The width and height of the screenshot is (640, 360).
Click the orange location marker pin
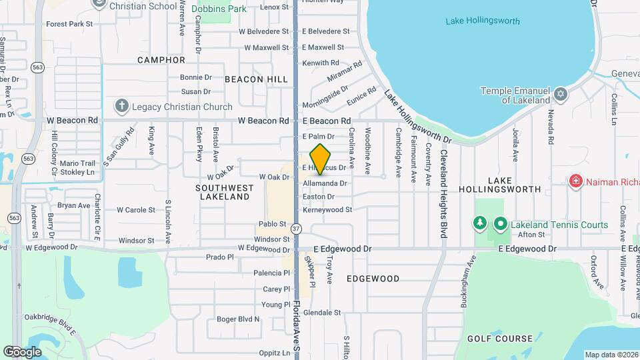pyautogui.click(x=321, y=159)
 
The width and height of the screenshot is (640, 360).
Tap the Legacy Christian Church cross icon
pyautogui.click(x=121, y=106)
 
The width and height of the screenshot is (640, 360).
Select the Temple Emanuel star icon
pyautogui.click(x=560, y=94)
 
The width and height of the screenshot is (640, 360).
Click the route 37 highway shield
pyautogui.click(x=297, y=229)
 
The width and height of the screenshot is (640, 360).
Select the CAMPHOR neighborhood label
pyautogui.click(x=161, y=60)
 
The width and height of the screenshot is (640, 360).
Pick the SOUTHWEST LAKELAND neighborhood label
pyautogui.click(x=223, y=192)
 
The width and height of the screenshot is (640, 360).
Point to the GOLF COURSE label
pyautogui.click(x=499, y=339)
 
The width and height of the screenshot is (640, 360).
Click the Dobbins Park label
pyautogui.click(x=219, y=9)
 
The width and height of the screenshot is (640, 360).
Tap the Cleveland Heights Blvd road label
pyautogui.click(x=443, y=194)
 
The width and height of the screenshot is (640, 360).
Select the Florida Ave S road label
pyautogui.click(x=297, y=327)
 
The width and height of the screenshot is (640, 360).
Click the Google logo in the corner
pyautogui.click(x=21, y=351)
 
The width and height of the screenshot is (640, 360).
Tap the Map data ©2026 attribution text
pyautogui.click(x=611, y=354)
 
